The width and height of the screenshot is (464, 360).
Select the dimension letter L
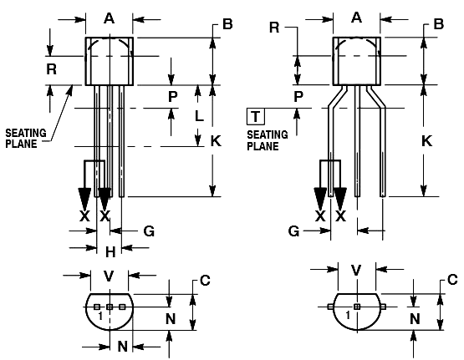tap(199, 117)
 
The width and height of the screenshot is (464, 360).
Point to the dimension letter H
tap(110, 251)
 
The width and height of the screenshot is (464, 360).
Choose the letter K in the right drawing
tap(426, 141)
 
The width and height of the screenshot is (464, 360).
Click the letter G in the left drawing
tap(150, 231)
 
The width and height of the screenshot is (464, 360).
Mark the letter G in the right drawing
tap(294, 231)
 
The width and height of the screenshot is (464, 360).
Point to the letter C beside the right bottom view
tap(452, 280)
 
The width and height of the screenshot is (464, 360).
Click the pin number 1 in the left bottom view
tap(99, 317)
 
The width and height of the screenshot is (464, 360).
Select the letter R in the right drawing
tap(274, 28)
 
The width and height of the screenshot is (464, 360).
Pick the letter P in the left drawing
tap(172, 96)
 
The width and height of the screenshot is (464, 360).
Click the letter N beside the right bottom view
tap(414, 318)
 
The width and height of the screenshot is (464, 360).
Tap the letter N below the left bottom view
tap(121, 346)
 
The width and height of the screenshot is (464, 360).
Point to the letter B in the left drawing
tap(227, 24)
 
